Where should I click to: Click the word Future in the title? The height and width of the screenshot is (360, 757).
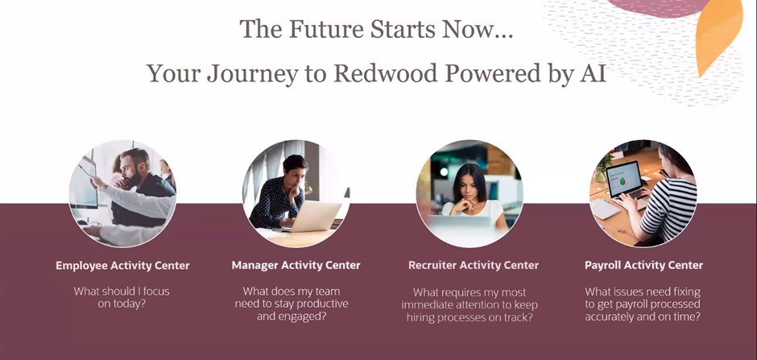click(322, 30)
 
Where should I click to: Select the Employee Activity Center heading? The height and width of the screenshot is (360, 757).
click(122, 265)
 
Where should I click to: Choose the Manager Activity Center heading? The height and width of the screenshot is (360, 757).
click(296, 265)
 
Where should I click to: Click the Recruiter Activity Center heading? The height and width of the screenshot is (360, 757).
click(474, 265)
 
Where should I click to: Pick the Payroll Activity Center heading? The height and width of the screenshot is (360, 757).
click(643, 265)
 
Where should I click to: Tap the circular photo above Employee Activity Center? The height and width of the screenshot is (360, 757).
click(122, 193)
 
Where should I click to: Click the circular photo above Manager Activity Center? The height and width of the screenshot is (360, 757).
click(296, 193)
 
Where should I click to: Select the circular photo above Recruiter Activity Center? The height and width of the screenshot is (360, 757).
click(470, 193)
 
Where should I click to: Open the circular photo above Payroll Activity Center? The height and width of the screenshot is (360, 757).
click(643, 193)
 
